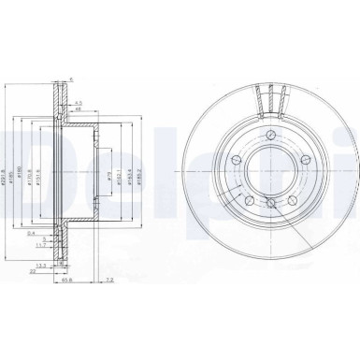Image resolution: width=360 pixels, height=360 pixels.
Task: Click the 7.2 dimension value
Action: pos(109,280)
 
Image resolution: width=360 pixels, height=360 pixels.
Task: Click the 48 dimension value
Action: pos(79,110)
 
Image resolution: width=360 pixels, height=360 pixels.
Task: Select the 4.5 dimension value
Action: pos(79,102)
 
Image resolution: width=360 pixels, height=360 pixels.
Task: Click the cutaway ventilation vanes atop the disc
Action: pos(268,98)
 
